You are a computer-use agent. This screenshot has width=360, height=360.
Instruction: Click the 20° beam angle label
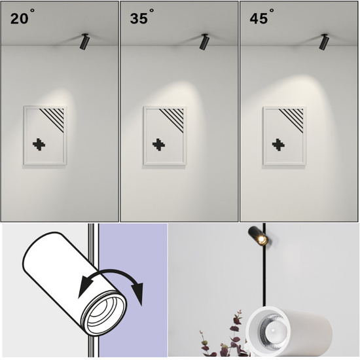[x=22, y=17]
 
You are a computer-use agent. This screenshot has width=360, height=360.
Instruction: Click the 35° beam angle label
[x=142, y=17]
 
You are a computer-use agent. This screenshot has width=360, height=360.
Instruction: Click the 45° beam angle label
[x=262, y=17]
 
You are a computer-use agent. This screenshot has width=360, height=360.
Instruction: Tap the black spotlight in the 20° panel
[x=84, y=41]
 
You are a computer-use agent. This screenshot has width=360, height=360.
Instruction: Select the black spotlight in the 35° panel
[x=204, y=41]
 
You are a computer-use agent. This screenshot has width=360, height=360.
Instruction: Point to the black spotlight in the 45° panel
[x=324, y=41]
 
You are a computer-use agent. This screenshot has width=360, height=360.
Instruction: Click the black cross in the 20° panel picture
[x=39, y=145]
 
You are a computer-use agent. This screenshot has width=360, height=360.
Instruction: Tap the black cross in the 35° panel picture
[x=158, y=145]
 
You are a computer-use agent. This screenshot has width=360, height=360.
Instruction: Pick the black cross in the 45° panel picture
[x=278, y=145]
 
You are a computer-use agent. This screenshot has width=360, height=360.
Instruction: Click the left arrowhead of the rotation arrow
[x=84, y=287]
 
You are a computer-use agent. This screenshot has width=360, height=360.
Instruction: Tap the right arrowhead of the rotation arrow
[x=137, y=294]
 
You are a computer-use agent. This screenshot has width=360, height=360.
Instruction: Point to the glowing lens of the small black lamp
[x=262, y=240]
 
